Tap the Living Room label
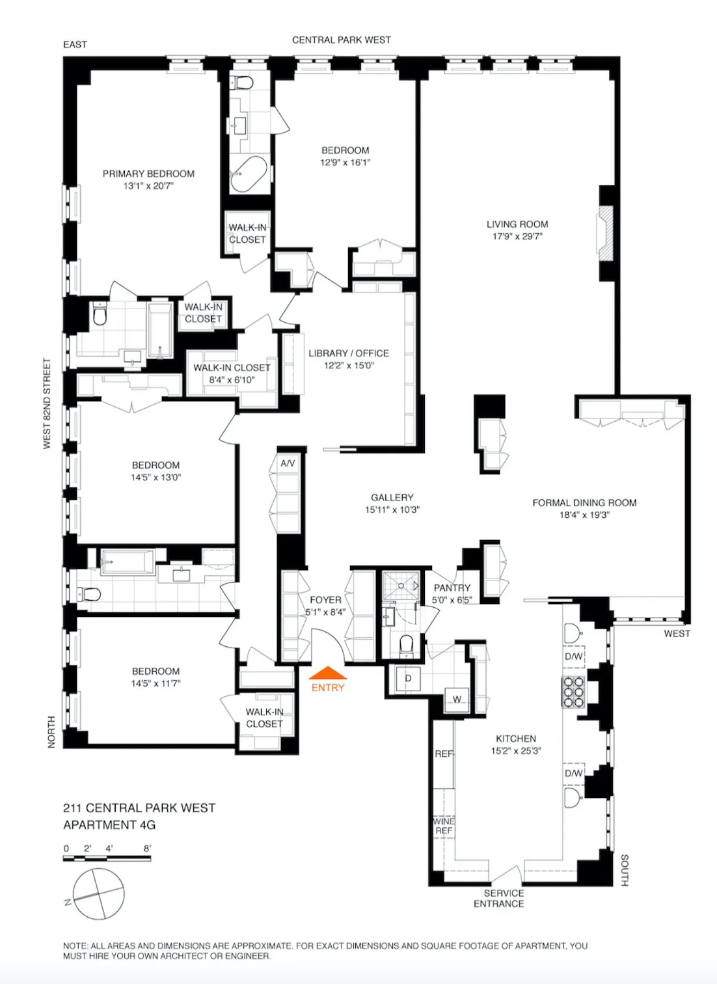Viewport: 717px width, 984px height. tap(517, 225)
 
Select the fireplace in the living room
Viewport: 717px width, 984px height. tap(606, 233)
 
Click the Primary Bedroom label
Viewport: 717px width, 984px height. tap(148, 174)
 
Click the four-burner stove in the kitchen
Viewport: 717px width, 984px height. tap(573, 692)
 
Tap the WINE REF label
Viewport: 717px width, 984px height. tap(444, 826)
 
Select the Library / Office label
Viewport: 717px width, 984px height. tap(349, 353)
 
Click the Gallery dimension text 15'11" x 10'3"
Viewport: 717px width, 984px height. tap(392, 510)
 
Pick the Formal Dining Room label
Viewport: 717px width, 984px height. tap(584, 502)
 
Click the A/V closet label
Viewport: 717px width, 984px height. tap(288, 463)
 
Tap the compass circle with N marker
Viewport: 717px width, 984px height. tap(98, 894)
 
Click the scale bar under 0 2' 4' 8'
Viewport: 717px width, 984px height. tap(107, 859)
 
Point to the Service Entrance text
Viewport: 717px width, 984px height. tap(499, 898)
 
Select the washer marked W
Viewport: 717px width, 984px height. tap(457, 700)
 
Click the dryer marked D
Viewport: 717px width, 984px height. tap(408, 679)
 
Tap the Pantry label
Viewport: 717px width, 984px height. tap(452, 588)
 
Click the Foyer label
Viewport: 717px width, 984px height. tap(325, 600)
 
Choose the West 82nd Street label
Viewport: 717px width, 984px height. tap(47, 403)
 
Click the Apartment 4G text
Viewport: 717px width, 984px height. tap(109, 825)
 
